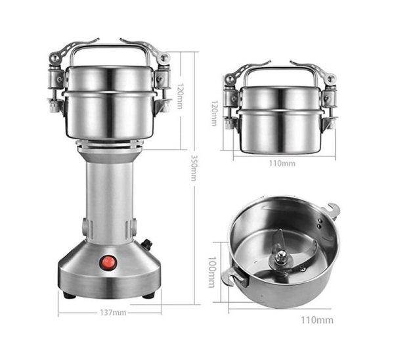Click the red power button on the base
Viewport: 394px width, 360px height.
click(108, 263)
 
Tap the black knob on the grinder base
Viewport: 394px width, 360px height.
click(147, 244)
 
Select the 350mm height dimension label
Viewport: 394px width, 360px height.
click(194, 168)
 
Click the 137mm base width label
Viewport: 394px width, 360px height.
click(113, 313)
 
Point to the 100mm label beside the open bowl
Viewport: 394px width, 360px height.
click(211, 272)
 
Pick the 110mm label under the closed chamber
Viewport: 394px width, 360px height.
click(282, 164)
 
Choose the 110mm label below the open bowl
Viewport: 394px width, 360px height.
click(317, 320)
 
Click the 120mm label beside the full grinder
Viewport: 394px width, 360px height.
click(179, 96)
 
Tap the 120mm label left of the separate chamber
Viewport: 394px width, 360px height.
click(214, 113)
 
